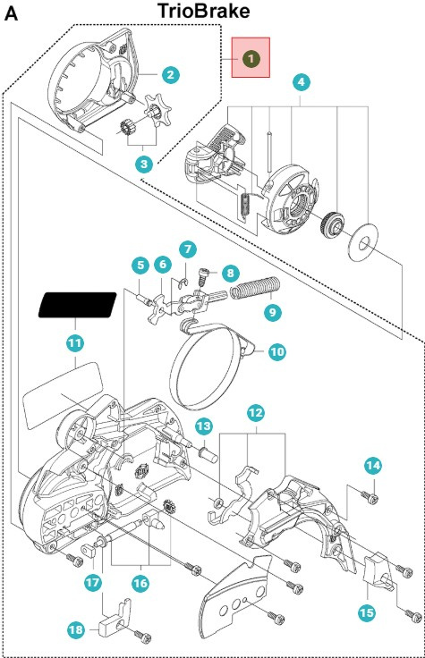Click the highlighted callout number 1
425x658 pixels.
point(251,57)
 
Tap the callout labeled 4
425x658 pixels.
point(302,82)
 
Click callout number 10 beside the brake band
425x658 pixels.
point(276,352)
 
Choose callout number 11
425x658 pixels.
point(75,341)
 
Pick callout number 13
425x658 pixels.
point(204,425)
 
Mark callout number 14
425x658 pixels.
point(373,465)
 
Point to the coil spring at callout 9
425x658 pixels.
point(257,289)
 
